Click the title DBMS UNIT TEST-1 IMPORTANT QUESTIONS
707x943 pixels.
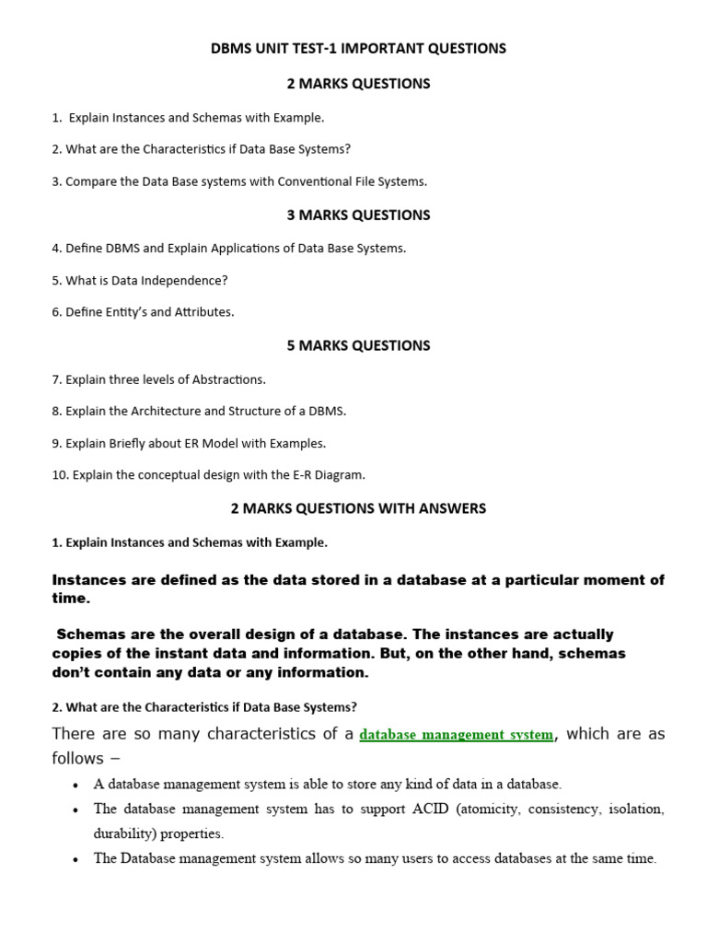coord(358,49)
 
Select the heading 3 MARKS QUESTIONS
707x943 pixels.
coord(358,215)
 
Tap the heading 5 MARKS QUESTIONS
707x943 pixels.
coord(358,346)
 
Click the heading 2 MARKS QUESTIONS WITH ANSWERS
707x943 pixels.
coord(358,508)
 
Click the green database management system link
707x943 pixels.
coord(457,735)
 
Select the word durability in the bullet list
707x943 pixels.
coord(125,834)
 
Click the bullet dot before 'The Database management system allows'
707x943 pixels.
coord(75,859)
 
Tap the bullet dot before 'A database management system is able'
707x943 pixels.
coord(75,786)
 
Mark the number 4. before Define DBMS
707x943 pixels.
coord(57,249)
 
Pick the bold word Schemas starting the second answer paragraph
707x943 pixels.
coord(90,635)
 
